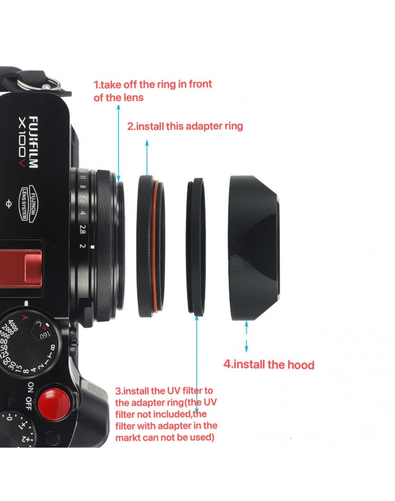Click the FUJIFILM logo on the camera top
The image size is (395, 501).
(33, 142)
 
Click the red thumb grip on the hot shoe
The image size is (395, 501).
(21, 269)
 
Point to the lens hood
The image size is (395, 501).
(254, 248)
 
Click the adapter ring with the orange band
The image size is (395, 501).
(151, 246)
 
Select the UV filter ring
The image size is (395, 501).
(196, 247)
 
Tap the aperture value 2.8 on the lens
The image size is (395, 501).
(82, 229)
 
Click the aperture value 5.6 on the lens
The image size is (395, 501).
(82, 199)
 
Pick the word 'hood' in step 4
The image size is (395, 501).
(301, 364)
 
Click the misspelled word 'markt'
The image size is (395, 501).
(128, 437)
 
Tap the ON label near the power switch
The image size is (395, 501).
(30, 387)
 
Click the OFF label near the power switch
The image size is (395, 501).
(29, 403)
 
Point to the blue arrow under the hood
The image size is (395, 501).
(246, 337)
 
